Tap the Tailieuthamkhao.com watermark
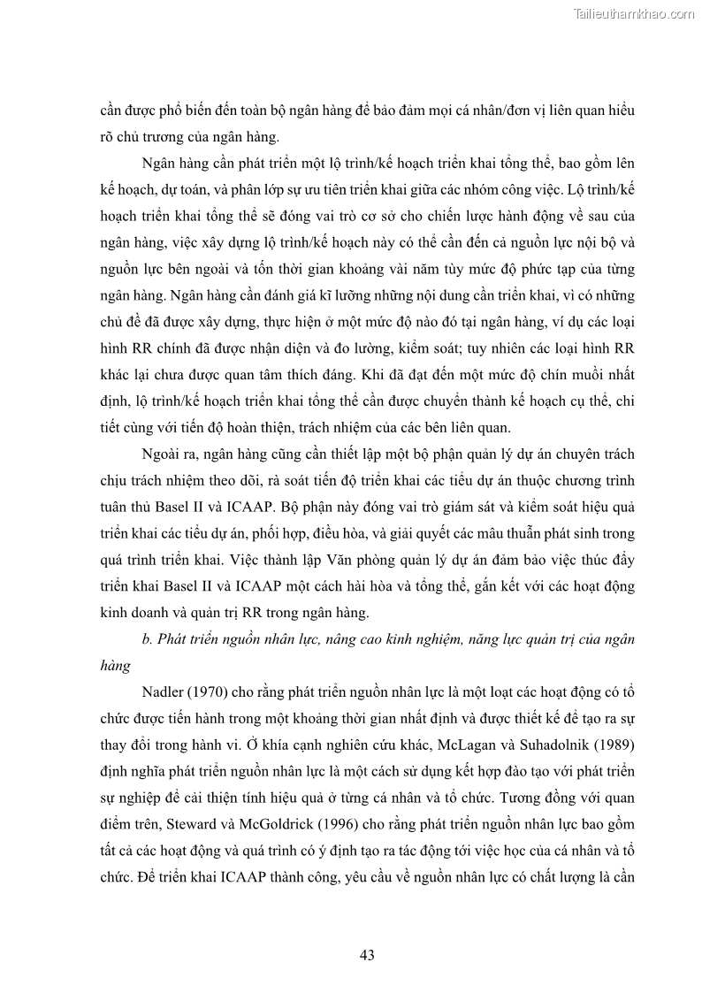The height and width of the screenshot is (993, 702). point(634,13)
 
